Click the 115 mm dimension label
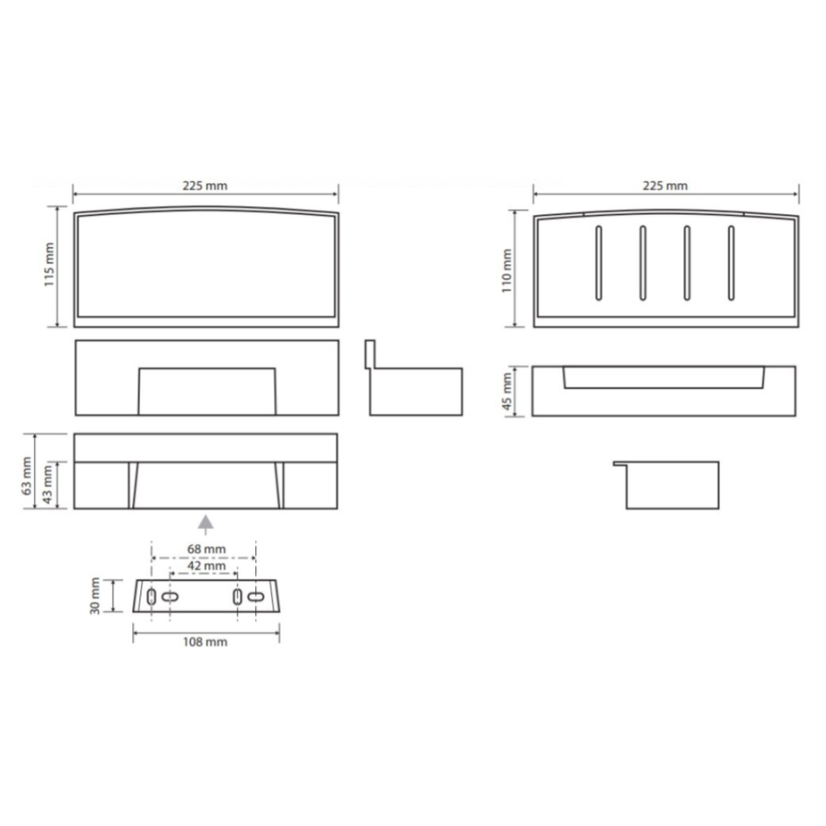coord(49,264)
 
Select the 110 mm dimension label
coord(507,271)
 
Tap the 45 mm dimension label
coord(507,391)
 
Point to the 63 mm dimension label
coord(27,475)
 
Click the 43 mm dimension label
coord(48,485)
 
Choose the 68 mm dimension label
coord(206,549)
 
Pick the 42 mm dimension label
coord(206,565)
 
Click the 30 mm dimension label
coord(95,596)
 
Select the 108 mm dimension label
coord(205,642)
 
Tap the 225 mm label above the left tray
coord(205,185)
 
